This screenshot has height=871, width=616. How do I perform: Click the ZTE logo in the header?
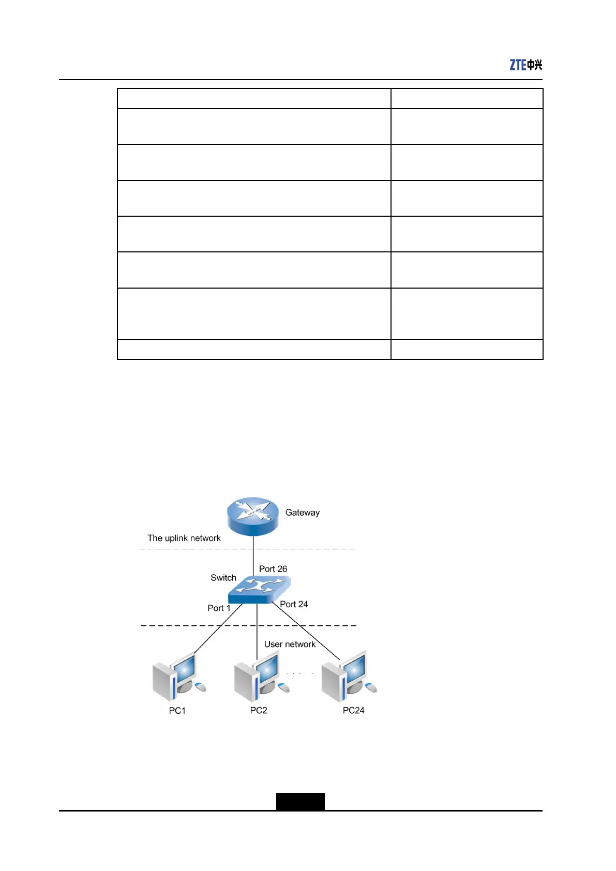(x=525, y=65)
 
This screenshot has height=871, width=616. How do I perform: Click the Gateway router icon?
(x=253, y=516)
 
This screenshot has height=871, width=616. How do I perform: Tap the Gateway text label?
(x=302, y=513)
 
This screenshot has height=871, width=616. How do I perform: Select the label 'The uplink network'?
(x=184, y=538)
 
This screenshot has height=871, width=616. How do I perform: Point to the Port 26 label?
(x=273, y=569)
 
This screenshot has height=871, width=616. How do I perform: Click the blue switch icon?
(x=259, y=590)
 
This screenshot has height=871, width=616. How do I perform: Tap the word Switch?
(x=223, y=578)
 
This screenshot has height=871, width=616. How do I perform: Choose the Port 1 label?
(x=219, y=608)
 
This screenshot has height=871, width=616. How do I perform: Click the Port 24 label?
(x=294, y=604)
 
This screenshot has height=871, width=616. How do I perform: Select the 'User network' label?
(x=290, y=644)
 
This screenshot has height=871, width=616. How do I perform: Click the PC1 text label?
(x=177, y=711)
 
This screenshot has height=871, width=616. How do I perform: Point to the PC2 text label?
(x=258, y=710)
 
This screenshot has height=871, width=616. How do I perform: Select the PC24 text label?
(x=353, y=710)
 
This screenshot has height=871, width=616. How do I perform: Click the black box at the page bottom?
(x=300, y=801)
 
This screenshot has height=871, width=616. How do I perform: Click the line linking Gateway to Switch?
(x=253, y=556)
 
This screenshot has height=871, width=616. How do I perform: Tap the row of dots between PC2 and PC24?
(x=300, y=673)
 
